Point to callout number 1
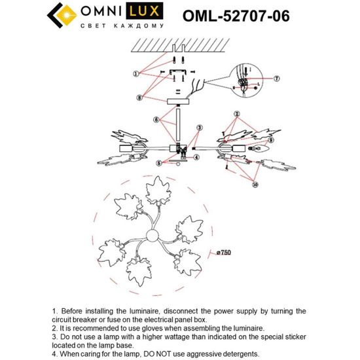tap(135, 74)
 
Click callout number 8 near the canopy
tap(139, 98)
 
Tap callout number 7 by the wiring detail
tap(277, 79)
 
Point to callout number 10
tap(254, 185)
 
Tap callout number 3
tap(199, 128)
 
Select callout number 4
tap(196, 157)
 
